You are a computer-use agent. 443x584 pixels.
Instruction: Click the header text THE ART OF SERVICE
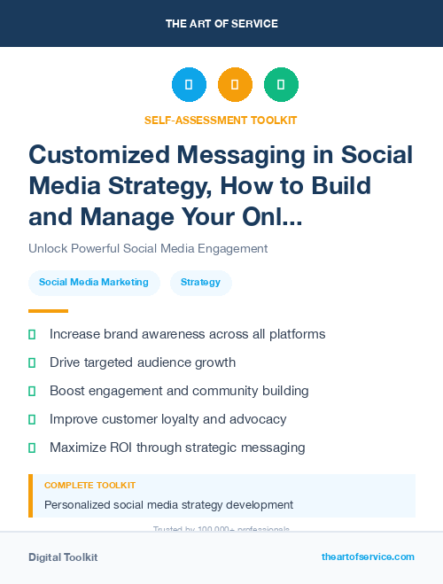(221, 23)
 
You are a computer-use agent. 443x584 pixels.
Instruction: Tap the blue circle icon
(189, 85)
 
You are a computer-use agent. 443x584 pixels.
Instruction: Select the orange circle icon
(235, 85)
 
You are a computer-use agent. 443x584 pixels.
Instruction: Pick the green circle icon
(281, 85)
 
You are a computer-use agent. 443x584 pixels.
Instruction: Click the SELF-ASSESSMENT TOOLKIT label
(221, 120)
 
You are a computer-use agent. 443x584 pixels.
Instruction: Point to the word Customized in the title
(99, 155)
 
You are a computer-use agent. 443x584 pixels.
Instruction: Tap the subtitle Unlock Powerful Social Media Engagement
(148, 248)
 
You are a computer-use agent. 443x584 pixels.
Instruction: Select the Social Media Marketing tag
(94, 283)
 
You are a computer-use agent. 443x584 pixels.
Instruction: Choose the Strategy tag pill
(200, 283)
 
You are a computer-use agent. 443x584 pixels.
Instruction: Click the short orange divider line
(48, 311)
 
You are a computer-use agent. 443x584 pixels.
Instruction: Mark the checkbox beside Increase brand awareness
(32, 335)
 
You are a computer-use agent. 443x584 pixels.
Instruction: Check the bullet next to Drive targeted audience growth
(32, 363)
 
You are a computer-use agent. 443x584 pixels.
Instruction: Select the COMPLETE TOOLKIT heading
(90, 486)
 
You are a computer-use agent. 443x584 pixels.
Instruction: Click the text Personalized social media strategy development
(168, 505)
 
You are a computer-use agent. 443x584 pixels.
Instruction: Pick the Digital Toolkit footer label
(63, 557)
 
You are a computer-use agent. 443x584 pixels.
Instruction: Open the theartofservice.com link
(368, 557)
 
